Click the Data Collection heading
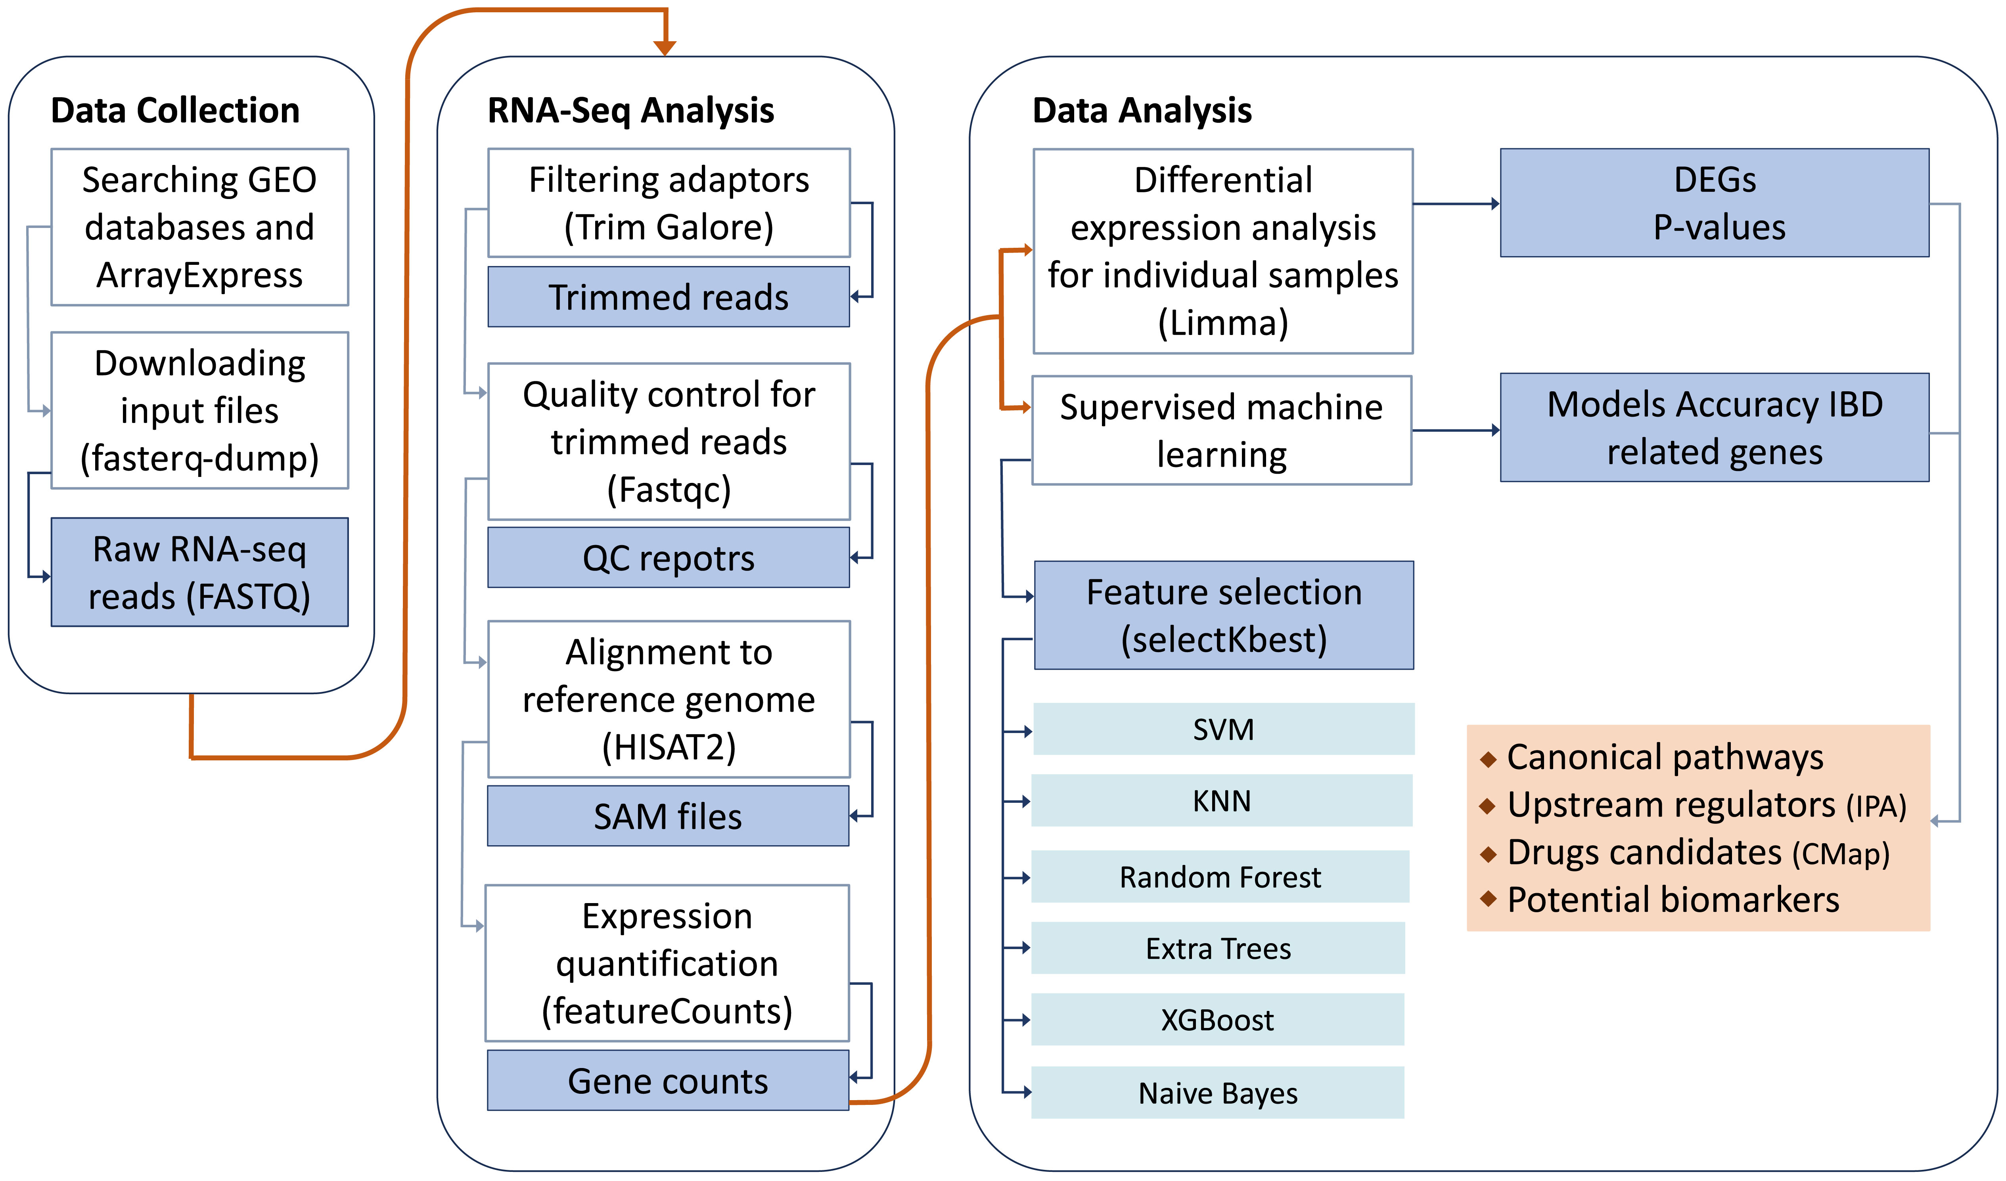(x=175, y=110)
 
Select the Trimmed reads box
(x=669, y=297)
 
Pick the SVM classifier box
(x=1224, y=729)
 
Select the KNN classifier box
(x=1222, y=800)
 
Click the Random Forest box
(x=1220, y=876)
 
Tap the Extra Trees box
(x=1218, y=948)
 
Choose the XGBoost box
(x=1218, y=1019)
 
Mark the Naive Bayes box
(x=1218, y=1093)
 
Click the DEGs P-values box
(x=1715, y=203)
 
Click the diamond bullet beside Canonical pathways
(x=1488, y=758)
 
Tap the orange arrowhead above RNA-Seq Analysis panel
(x=665, y=48)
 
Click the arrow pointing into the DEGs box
(x=1457, y=204)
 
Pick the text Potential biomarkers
(x=1673, y=900)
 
